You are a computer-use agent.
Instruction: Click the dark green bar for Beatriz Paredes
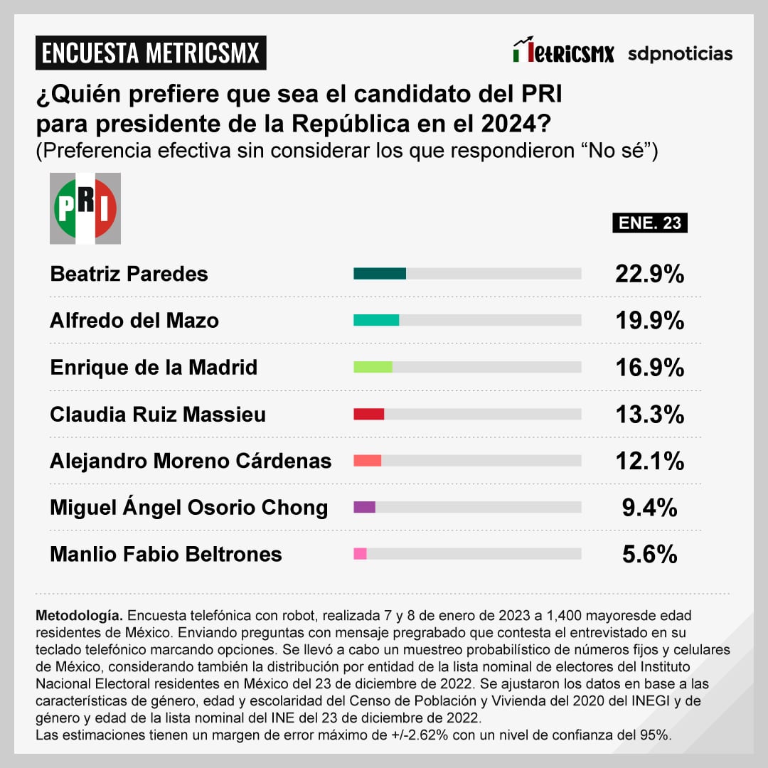380,274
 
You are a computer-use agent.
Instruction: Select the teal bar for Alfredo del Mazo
376,321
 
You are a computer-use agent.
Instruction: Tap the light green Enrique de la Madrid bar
373,367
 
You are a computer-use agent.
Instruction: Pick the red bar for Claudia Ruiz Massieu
369,414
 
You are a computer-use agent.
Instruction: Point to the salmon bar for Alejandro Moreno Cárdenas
368,461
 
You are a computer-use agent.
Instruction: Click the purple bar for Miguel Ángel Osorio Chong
364,507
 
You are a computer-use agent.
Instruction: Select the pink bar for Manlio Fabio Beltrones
360,554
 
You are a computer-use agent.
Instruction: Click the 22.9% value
649,274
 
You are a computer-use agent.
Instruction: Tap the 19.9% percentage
649,321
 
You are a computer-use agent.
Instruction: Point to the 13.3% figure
649,414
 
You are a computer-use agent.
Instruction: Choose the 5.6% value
649,554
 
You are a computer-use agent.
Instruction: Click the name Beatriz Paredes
129,274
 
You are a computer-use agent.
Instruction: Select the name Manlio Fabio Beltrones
166,554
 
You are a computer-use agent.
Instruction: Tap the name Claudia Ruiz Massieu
158,414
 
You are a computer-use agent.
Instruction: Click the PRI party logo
85,208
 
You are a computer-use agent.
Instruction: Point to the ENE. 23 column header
649,223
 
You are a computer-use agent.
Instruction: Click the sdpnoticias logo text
680,53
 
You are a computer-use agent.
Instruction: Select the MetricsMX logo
563,52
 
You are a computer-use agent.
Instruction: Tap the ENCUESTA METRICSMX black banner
151,53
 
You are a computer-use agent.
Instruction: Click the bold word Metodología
80,615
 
